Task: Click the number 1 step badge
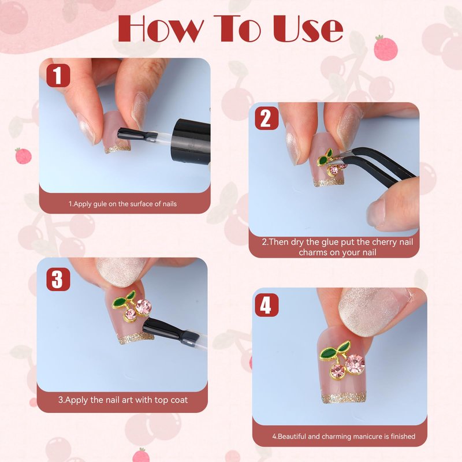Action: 58,76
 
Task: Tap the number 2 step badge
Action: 267,118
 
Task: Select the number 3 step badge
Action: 58,280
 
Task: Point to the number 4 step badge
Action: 267,305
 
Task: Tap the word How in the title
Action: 161,28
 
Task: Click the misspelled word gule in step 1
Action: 100,204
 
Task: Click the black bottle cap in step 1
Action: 192,141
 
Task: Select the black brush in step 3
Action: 171,331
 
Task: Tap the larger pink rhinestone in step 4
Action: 355,364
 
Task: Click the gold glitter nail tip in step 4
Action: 344,398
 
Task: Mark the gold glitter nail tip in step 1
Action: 118,149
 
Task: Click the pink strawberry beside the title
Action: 386,48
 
